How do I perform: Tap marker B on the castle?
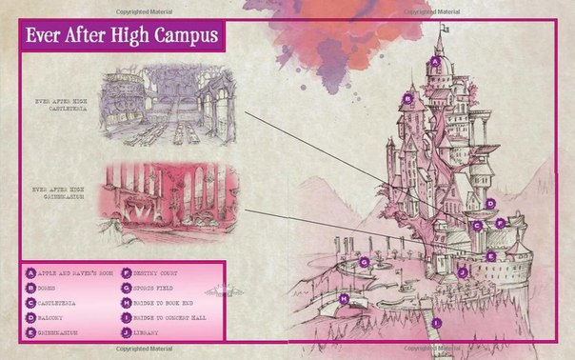(x=406, y=97)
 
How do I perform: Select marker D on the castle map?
(x=490, y=203)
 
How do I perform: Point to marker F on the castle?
(x=500, y=222)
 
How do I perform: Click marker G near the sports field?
(x=364, y=260)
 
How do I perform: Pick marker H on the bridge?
(x=344, y=298)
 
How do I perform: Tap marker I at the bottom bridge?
(x=437, y=324)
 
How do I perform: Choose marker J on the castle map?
(x=462, y=271)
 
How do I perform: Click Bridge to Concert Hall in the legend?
(x=172, y=316)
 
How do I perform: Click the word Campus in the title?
(x=178, y=39)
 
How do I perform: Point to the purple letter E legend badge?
(x=30, y=331)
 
